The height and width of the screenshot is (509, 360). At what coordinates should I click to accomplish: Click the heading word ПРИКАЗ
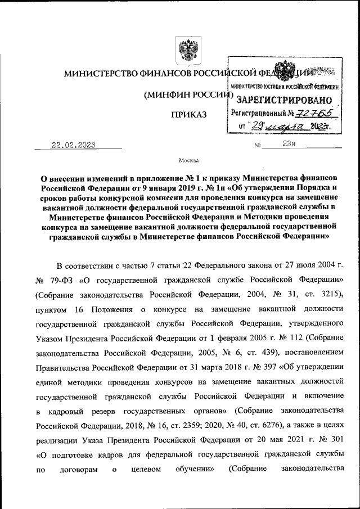189,115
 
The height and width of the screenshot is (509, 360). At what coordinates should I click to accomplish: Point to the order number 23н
289,145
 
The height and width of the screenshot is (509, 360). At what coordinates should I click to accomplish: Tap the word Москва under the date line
188,160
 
